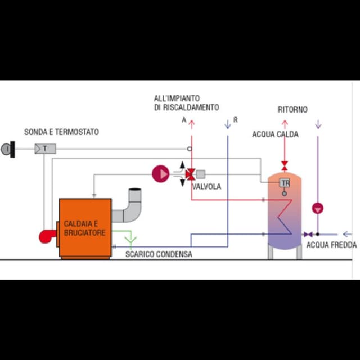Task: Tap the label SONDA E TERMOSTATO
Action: pos(61,132)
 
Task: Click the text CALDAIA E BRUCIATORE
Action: pos(84,228)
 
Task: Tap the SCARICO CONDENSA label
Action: pos(158,254)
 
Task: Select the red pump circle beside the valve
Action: pos(160,174)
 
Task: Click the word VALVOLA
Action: pos(206,187)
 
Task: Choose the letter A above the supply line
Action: pos(184,120)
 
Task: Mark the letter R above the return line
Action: pos(235,120)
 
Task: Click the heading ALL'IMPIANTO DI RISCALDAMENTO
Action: pos(186,102)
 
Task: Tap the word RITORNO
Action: pos(292,110)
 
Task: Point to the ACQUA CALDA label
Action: pos(275,134)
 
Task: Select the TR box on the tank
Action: pos(285,183)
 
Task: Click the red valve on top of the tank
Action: pos(285,165)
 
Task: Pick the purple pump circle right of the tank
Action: pos(318,208)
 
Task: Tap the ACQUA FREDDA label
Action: pos(331,245)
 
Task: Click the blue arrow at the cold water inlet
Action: pos(347,234)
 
